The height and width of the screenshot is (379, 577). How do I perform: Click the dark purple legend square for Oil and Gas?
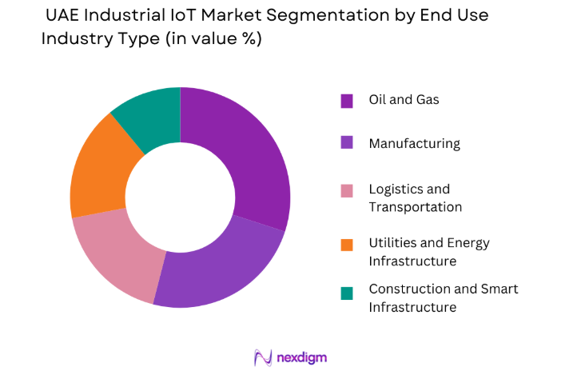coord(347,101)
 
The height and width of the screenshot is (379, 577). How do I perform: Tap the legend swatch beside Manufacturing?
coord(347,144)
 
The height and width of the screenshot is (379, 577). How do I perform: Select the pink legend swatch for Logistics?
coord(347,190)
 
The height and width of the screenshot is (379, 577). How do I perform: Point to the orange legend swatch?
coord(347,244)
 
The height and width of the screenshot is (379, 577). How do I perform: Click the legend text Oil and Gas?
coord(404,100)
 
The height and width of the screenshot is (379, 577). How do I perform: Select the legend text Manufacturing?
coord(414,144)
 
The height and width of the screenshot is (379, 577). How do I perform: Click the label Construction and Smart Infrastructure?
coord(443,298)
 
